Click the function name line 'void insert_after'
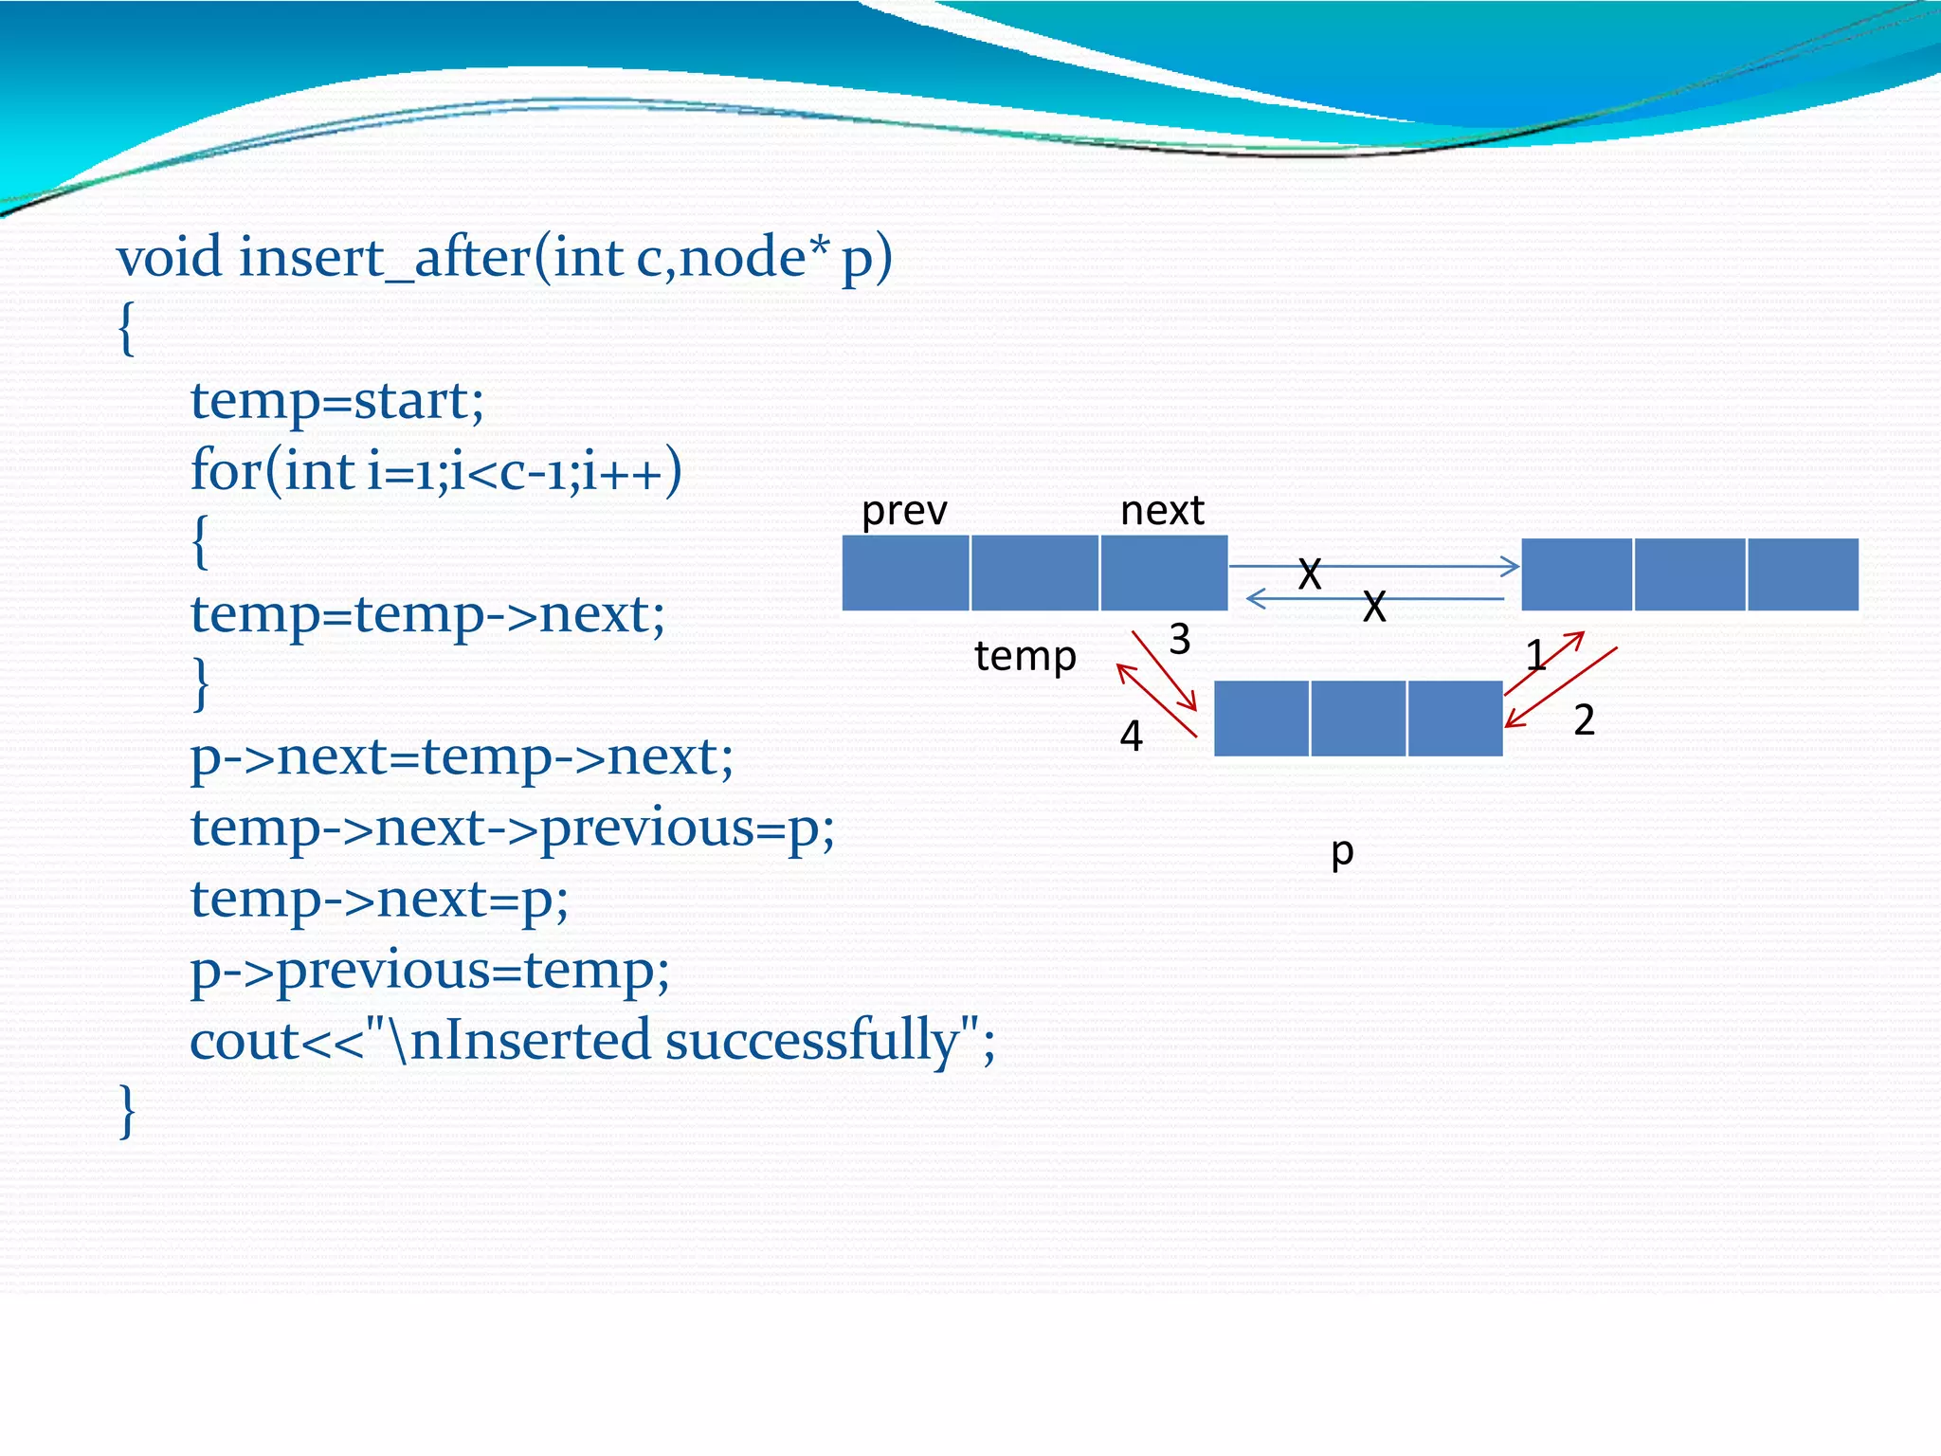point(504,258)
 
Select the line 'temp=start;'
point(337,400)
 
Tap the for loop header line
point(436,471)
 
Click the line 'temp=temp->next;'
point(427,614)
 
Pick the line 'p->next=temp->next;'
point(462,756)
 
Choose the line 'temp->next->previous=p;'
point(512,828)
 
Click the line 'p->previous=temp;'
point(429,970)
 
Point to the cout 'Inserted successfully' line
point(592,1041)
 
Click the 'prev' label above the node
point(903,511)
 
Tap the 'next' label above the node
point(1161,511)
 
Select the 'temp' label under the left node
point(1025,656)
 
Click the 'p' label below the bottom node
point(1342,851)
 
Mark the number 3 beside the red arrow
point(1179,640)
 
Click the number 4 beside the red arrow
point(1131,736)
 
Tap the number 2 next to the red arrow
point(1584,720)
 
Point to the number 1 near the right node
point(1535,655)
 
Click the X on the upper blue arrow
point(1309,573)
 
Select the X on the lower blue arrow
point(1374,607)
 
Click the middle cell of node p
point(1358,719)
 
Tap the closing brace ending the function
point(127,1111)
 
